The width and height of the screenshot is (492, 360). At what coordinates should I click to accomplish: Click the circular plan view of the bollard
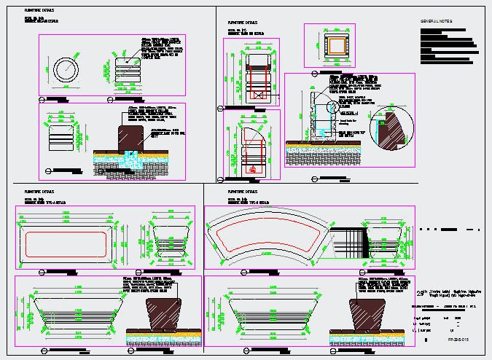click(x=66, y=70)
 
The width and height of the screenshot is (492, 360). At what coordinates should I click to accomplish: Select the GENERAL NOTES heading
click(x=436, y=22)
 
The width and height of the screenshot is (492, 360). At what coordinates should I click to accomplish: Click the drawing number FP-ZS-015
click(x=456, y=340)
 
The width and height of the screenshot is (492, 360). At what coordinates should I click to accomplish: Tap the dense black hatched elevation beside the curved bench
click(x=347, y=241)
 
